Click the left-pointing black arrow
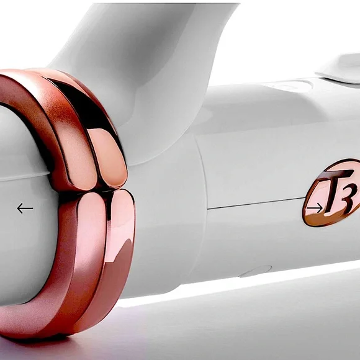click(x=25, y=208)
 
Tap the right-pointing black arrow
click(x=315, y=208)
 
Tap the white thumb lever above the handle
click(x=340, y=69)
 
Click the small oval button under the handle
click(x=255, y=271)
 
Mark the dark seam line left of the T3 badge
click(x=256, y=203)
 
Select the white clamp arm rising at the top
click(x=142, y=69)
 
